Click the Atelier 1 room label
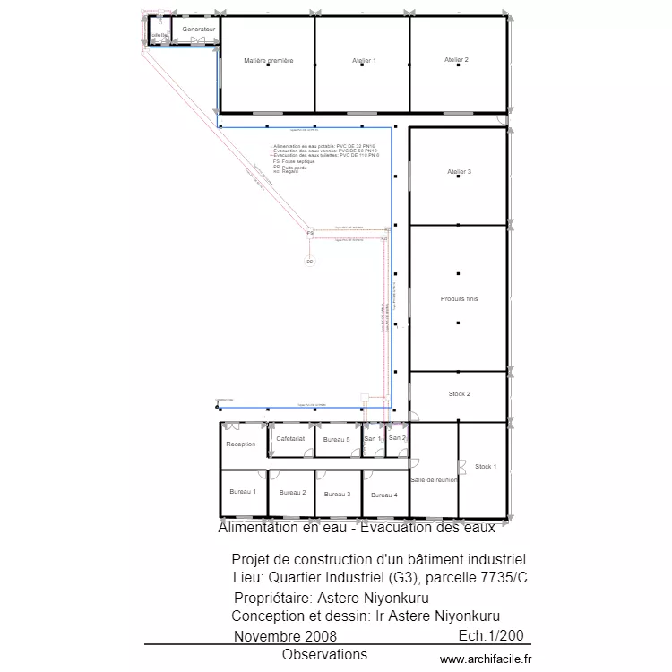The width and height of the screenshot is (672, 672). coord(363,61)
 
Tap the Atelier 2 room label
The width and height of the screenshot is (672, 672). coord(456,60)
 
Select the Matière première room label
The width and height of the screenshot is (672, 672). coord(269,61)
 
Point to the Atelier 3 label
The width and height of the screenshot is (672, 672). coord(459,171)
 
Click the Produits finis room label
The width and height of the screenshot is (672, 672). coord(459,298)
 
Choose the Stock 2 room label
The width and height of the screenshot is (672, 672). coord(459,394)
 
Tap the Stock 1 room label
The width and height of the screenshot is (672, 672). coord(486,467)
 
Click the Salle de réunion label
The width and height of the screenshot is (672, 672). coord(434,480)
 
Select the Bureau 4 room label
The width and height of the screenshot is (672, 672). coord(383,495)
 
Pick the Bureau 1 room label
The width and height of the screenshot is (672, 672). coord(243,491)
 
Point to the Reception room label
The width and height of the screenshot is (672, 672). coord(241,444)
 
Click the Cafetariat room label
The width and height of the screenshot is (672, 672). coord(290,439)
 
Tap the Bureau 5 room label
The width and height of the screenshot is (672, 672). coord(336,440)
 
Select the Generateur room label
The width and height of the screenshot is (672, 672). coord(199,30)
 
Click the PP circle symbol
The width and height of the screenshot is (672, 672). coord(310,263)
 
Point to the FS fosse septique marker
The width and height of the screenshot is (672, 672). coord(310,233)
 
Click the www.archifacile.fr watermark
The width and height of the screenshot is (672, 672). coord(486,659)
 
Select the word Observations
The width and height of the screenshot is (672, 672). coord(324,655)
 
